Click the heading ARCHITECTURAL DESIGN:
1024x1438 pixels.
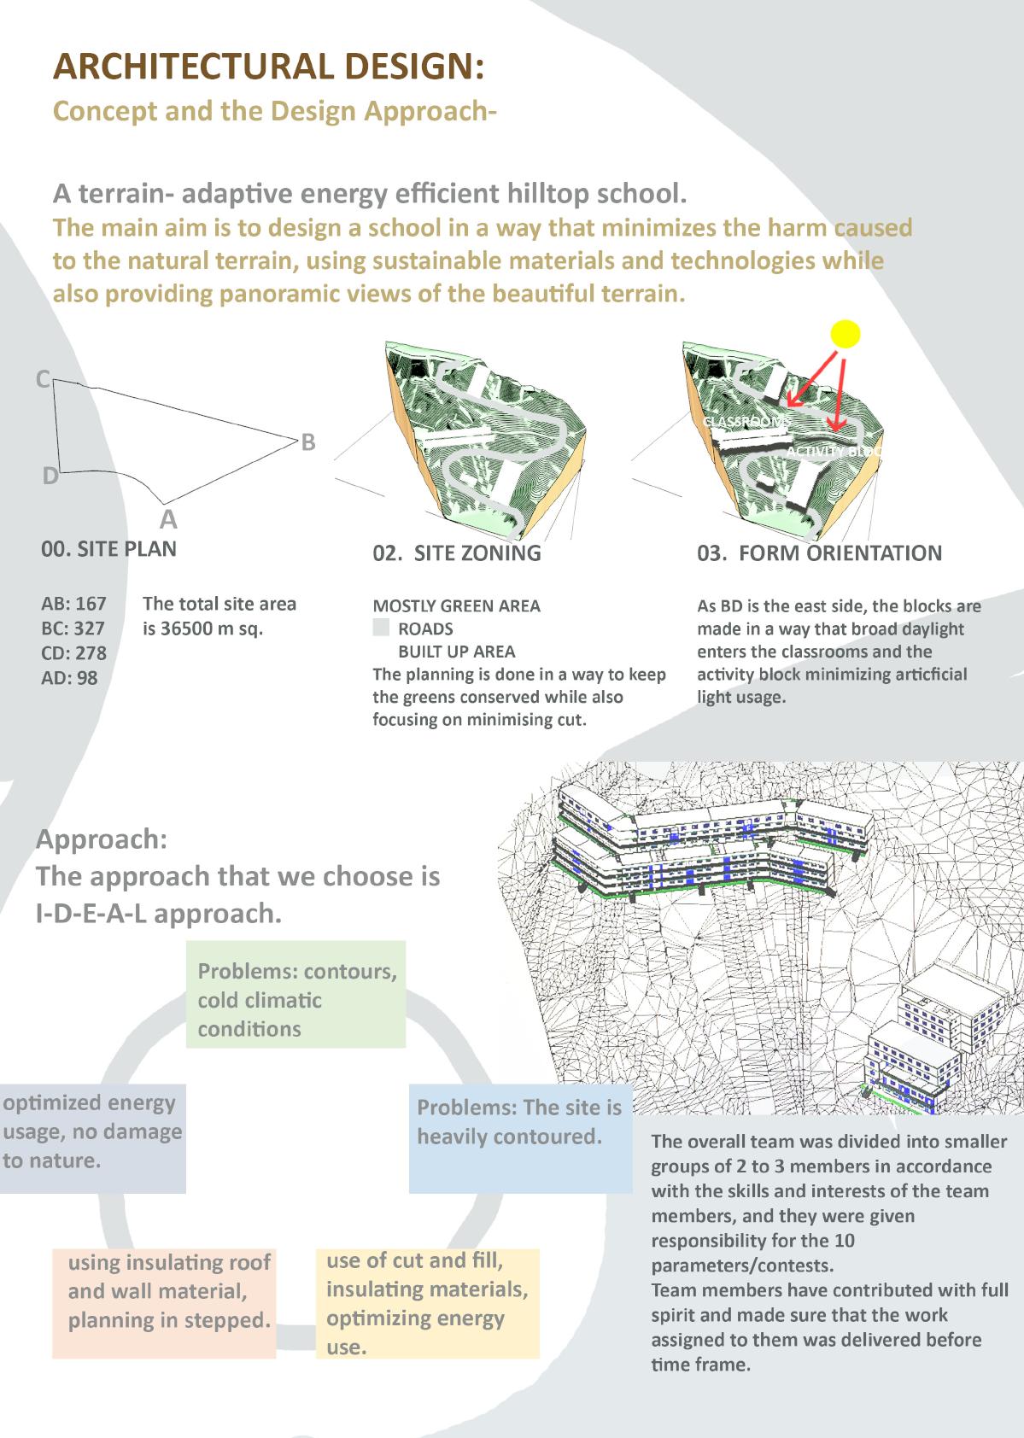click(x=269, y=67)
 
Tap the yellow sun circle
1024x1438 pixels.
click(x=845, y=334)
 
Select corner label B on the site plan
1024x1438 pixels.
click(x=308, y=442)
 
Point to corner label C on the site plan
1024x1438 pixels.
click(x=43, y=379)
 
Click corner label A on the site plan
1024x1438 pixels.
click(x=168, y=518)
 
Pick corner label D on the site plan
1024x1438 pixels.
click(x=50, y=476)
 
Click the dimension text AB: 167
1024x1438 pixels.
click(x=74, y=604)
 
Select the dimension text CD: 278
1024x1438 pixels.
click(x=74, y=653)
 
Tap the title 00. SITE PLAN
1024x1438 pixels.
click(x=109, y=548)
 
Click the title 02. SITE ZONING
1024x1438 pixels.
click(x=457, y=553)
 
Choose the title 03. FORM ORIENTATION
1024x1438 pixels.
click(x=819, y=553)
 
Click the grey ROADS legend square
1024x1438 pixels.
click(x=381, y=628)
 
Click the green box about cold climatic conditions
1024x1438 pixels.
click(x=295, y=995)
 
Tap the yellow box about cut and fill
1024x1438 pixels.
click(x=427, y=1303)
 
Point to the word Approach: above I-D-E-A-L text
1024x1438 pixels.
click(x=102, y=839)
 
